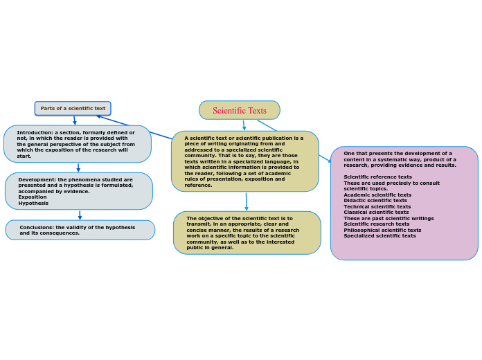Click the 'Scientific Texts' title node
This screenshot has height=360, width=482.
(x=239, y=110)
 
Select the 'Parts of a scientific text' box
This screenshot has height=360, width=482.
(x=73, y=109)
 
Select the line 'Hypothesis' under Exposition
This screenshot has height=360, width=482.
(x=33, y=203)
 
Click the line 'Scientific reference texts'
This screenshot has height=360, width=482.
(x=377, y=177)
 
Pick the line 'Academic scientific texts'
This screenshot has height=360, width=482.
(x=377, y=195)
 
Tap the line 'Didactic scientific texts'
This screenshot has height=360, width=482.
(x=375, y=201)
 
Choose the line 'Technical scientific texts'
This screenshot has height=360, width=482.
(x=377, y=206)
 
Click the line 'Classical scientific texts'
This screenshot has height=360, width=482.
(x=376, y=213)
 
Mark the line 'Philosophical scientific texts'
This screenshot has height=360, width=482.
(x=382, y=230)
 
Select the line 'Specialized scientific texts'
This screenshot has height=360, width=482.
(x=380, y=236)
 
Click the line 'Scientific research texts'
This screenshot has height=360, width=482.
(x=375, y=224)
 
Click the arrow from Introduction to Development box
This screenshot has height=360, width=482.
(x=78, y=168)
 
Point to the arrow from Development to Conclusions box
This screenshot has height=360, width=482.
(x=80, y=215)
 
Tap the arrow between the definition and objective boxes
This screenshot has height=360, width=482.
(x=246, y=201)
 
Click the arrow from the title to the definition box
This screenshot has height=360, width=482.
(x=244, y=125)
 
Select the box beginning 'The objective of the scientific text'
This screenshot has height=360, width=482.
(x=247, y=233)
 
